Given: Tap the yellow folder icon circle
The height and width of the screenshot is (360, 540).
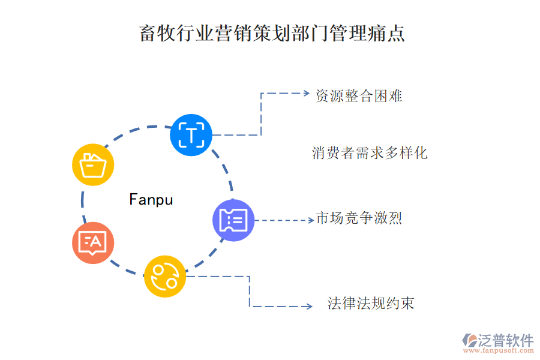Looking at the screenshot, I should click(93, 164).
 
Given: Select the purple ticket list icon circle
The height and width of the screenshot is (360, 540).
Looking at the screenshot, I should click(233, 220).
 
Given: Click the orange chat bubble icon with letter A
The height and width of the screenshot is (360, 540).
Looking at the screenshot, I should click(93, 242).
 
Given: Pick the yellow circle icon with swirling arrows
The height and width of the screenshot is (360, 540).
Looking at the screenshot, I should click(165, 276).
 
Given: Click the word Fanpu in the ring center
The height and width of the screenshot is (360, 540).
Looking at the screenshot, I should click(151, 200).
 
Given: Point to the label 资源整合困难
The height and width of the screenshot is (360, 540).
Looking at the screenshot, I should click(359, 96).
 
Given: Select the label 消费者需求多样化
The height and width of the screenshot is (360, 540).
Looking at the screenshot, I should click(370, 153).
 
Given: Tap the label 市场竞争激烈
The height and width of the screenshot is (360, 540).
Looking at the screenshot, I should click(359, 218).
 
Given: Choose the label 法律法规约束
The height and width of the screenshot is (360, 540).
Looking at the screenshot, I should click(371, 304).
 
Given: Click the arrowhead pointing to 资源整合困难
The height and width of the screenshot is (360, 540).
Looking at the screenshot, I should click(304, 94).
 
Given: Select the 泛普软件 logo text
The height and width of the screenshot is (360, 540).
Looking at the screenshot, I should click(505, 340).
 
